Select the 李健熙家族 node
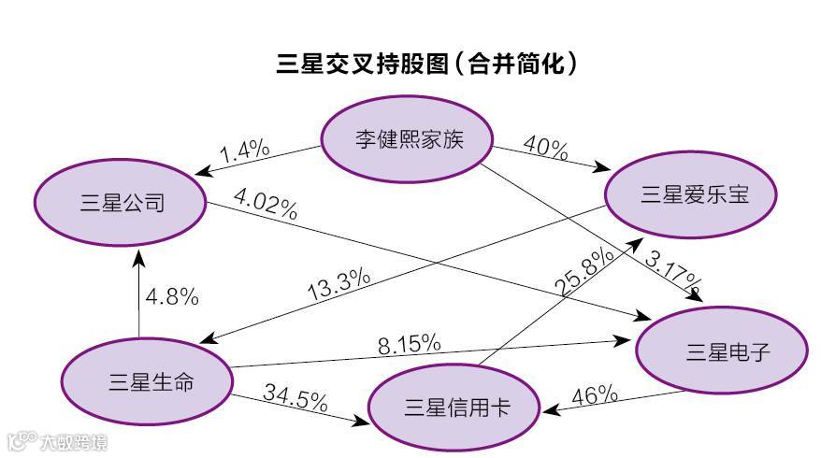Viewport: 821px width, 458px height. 409,140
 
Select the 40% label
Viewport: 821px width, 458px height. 545,148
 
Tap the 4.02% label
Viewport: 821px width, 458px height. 266,205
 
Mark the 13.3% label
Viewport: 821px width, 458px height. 338,284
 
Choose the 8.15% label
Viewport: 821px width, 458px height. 410,343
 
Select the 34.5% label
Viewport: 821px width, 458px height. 295,397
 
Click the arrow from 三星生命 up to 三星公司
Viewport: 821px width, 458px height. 138,290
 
